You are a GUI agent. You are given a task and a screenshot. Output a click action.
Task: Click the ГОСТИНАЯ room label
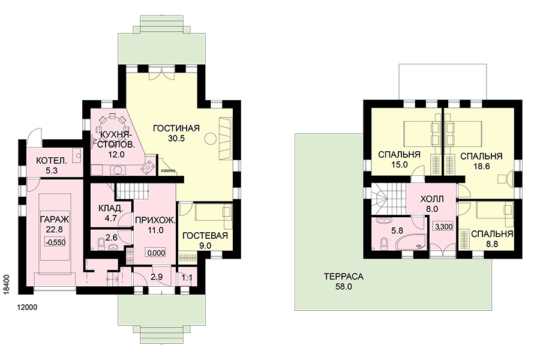(x=176, y=128)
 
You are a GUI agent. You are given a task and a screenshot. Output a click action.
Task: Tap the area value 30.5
(x=176, y=139)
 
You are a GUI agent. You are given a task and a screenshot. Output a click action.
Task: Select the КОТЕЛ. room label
(x=52, y=161)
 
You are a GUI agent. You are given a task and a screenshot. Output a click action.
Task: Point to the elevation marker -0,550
(x=55, y=242)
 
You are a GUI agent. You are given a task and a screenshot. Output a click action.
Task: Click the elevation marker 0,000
(x=156, y=253)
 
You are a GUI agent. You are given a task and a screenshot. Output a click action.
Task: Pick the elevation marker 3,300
(x=444, y=227)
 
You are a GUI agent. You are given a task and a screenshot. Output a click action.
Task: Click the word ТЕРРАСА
(x=343, y=276)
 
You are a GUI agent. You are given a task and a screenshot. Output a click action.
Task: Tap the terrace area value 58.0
(x=344, y=287)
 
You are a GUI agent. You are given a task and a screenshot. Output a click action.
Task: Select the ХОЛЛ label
(x=432, y=199)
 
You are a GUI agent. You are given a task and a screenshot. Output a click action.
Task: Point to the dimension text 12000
(x=27, y=307)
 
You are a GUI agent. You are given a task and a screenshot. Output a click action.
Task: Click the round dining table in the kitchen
(x=112, y=122)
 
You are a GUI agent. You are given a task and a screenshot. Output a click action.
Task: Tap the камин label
(x=168, y=170)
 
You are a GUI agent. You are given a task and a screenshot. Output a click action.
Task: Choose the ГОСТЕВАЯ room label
(x=205, y=236)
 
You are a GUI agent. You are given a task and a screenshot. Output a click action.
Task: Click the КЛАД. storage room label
(x=110, y=208)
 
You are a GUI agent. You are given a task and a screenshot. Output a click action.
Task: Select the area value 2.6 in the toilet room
(x=111, y=238)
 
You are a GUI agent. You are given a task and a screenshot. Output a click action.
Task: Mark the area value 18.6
(x=481, y=166)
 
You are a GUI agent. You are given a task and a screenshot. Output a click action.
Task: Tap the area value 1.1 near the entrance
(x=187, y=278)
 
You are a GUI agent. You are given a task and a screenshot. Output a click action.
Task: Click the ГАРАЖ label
(x=55, y=220)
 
